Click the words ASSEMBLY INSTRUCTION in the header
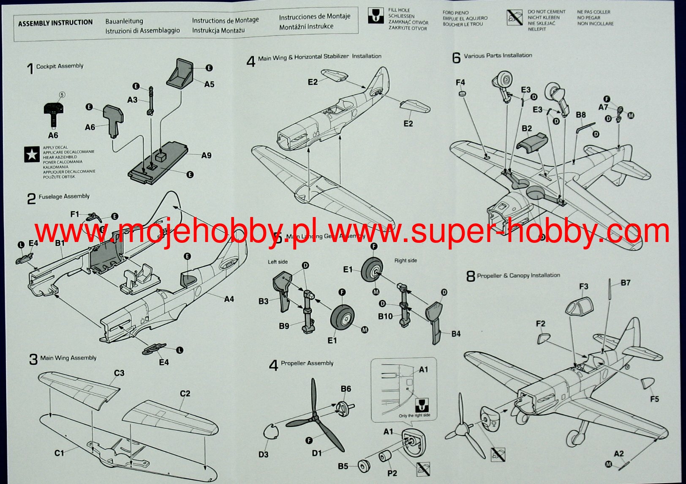[x=55, y=23]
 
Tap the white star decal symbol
[x=32, y=155]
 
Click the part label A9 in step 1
[x=206, y=156]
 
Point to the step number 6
[x=456, y=58]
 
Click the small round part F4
[x=462, y=93]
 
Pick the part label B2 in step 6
[x=526, y=129]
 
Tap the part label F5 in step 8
[x=654, y=399]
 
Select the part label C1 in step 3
[x=59, y=453]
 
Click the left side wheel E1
[x=343, y=317]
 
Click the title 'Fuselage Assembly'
[x=64, y=197]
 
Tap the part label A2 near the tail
[x=618, y=454]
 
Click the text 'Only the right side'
[x=414, y=416]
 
